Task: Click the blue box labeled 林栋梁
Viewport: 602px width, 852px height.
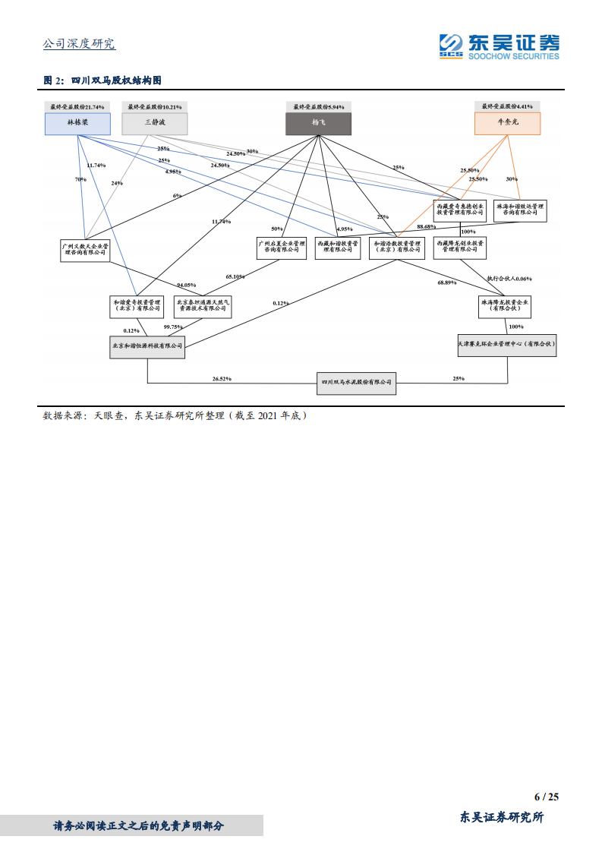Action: [77, 124]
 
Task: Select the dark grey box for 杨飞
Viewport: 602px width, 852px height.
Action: [317, 124]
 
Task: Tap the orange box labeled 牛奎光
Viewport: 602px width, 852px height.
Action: [508, 124]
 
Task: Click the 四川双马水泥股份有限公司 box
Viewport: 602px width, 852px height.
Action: [356, 383]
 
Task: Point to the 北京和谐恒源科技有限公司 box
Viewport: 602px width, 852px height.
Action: [147, 346]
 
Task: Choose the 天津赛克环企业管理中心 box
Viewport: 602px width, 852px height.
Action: [507, 345]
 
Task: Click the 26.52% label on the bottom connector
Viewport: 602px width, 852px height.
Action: [222, 378]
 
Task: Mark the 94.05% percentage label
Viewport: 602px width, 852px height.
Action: [186, 285]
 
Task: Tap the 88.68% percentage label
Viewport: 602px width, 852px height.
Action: [426, 226]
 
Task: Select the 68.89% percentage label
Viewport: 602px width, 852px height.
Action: [447, 282]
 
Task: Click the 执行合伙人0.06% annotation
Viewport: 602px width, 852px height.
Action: [509, 279]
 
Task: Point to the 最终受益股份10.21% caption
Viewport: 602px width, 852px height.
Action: [155, 107]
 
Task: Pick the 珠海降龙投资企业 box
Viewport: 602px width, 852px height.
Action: [505, 306]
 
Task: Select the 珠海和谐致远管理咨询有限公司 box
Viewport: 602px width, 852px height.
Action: [520, 210]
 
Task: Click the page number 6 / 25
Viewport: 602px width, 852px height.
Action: [546, 797]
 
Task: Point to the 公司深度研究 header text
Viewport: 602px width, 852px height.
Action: [79, 44]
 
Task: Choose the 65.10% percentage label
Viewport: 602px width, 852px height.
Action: [235, 277]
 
